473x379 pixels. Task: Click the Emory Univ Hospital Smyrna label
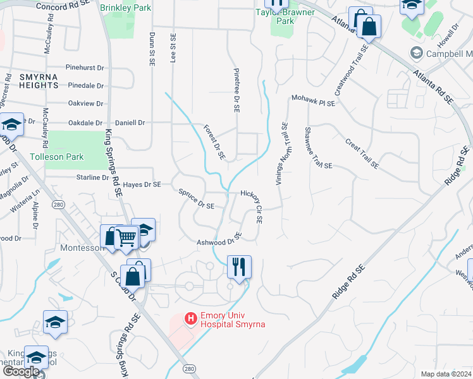[x=232, y=320]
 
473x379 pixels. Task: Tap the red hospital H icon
[x=190, y=319]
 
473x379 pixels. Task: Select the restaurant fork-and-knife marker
[x=239, y=267]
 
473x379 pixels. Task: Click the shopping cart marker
[x=127, y=238]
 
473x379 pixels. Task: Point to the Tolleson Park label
[x=57, y=156]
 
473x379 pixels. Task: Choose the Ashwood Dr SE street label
[x=219, y=241]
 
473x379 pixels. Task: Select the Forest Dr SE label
[x=214, y=141]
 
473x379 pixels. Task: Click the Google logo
[x=21, y=371]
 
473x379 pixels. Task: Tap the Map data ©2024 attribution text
[x=446, y=374]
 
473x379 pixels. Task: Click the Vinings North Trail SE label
[x=281, y=153]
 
